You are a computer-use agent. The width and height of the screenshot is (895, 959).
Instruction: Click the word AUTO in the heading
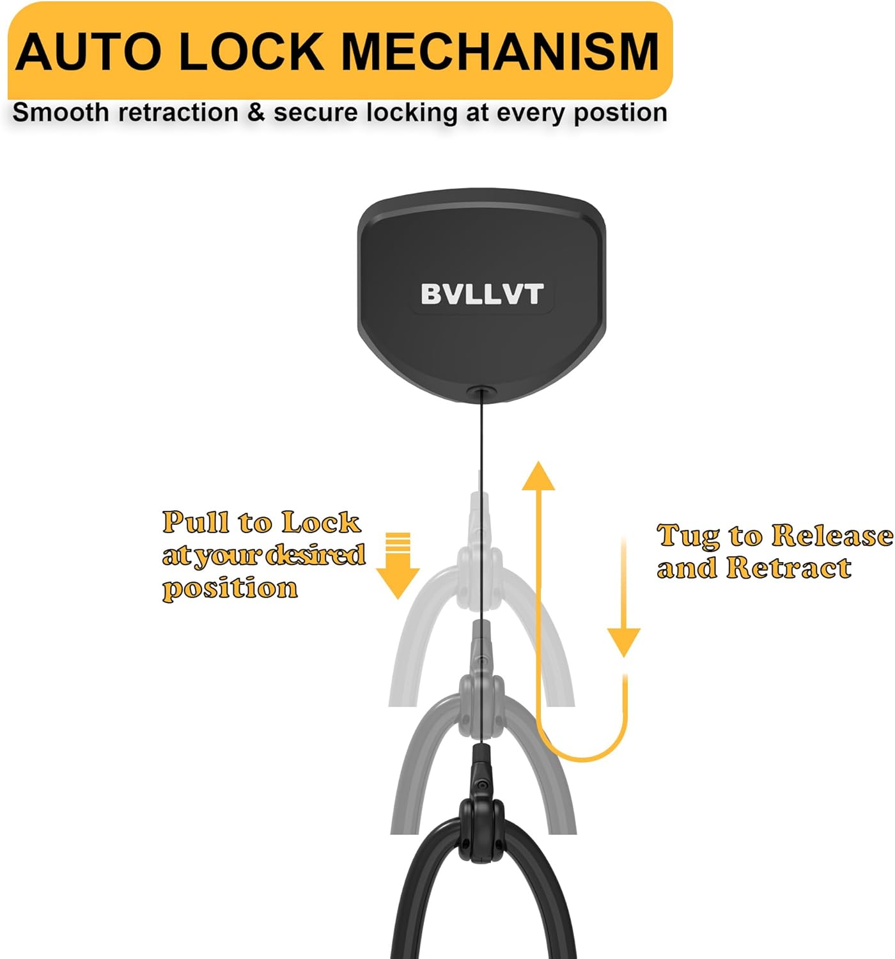pyautogui.click(x=89, y=52)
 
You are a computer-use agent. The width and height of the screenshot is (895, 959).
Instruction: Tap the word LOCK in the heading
pyautogui.click(x=251, y=52)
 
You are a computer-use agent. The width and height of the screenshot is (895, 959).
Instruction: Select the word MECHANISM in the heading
pyautogui.click(x=499, y=52)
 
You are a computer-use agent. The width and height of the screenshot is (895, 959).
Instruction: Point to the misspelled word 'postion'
pyautogui.click(x=620, y=114)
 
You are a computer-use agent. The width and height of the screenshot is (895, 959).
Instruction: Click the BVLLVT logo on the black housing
pyautogui.click(x=481, y=293)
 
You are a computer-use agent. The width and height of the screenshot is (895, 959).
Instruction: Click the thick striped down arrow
pyautogui.click(x=398, y=565)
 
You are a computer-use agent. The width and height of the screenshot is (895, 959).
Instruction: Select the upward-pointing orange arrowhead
pyautogui.click(x=538, y=476)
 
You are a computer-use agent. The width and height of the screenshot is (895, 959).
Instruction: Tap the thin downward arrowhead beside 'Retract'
pyautogui.click(x=623, y=643)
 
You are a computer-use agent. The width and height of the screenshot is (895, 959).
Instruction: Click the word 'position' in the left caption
pyautogui.click(x=230, y=589)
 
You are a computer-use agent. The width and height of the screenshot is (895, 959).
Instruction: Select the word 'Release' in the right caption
pyautogui.click(x=832, y=535)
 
